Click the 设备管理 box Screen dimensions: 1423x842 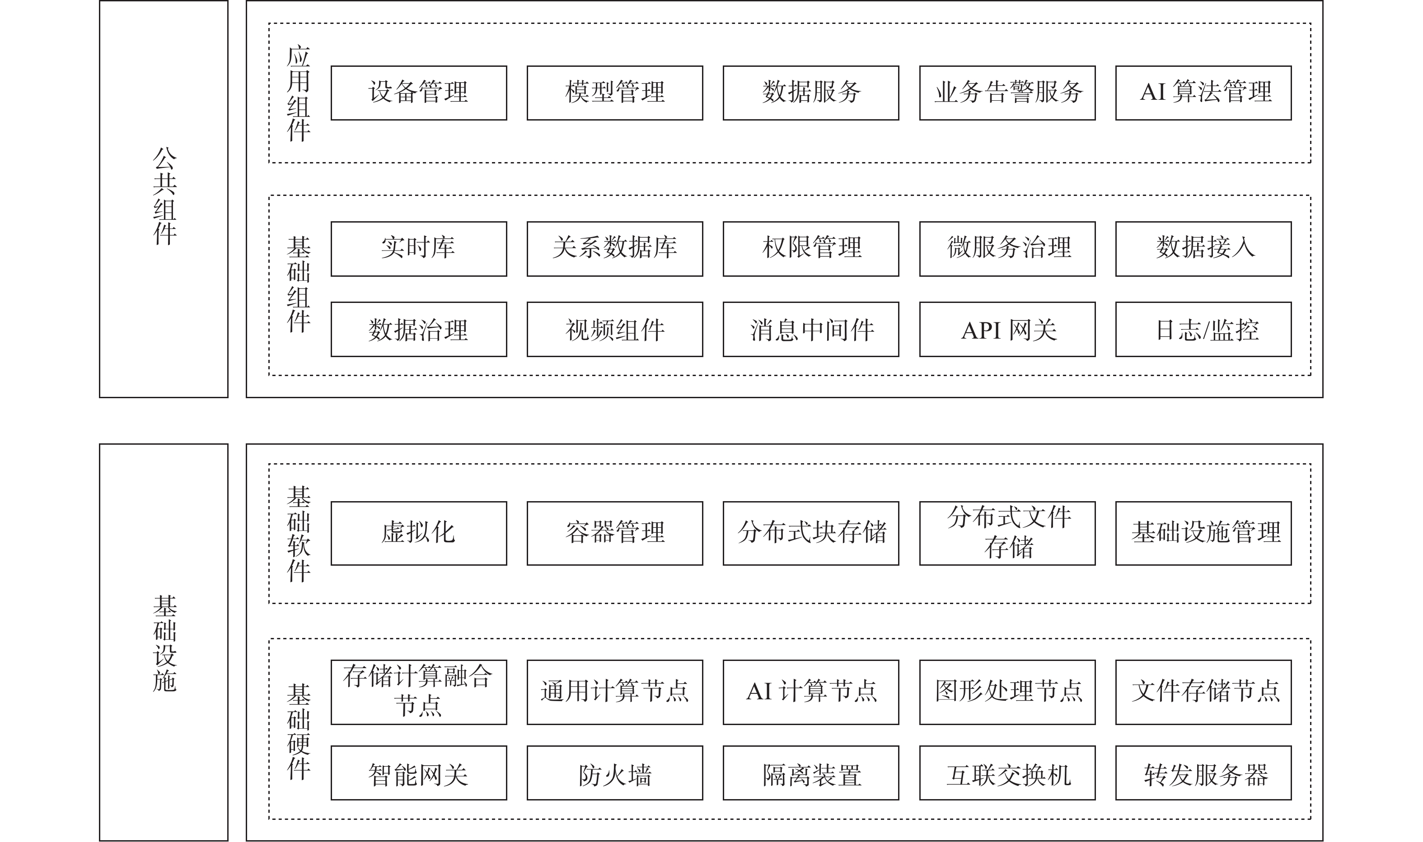coord(419,93)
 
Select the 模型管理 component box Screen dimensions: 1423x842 coord(615,93)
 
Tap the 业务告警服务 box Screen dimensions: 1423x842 coord(1007,93)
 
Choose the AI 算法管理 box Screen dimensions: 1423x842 coord(1203,93)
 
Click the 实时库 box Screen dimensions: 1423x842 coord(419,249)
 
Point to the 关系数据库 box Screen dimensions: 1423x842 coord(615,249)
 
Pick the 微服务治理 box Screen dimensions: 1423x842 coord(1007,249)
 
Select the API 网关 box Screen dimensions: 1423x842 coord(1007,330)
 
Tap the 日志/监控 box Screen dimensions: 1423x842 coord(1203,330)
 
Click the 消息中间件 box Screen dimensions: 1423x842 coord(811,330)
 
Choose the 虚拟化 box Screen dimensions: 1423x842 coord(419,533)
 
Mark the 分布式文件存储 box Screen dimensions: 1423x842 coord(1007,533)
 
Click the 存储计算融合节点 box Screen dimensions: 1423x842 coord(419,692)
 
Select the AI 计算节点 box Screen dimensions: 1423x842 coord(811,692)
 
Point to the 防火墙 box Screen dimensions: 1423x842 coord(615,773)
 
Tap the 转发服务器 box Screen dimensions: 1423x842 coord(1203,773)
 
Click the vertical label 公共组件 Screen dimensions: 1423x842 coord(164,196)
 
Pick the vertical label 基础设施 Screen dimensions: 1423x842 coord(164,643)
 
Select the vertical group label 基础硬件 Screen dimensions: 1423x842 coord(299,732)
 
